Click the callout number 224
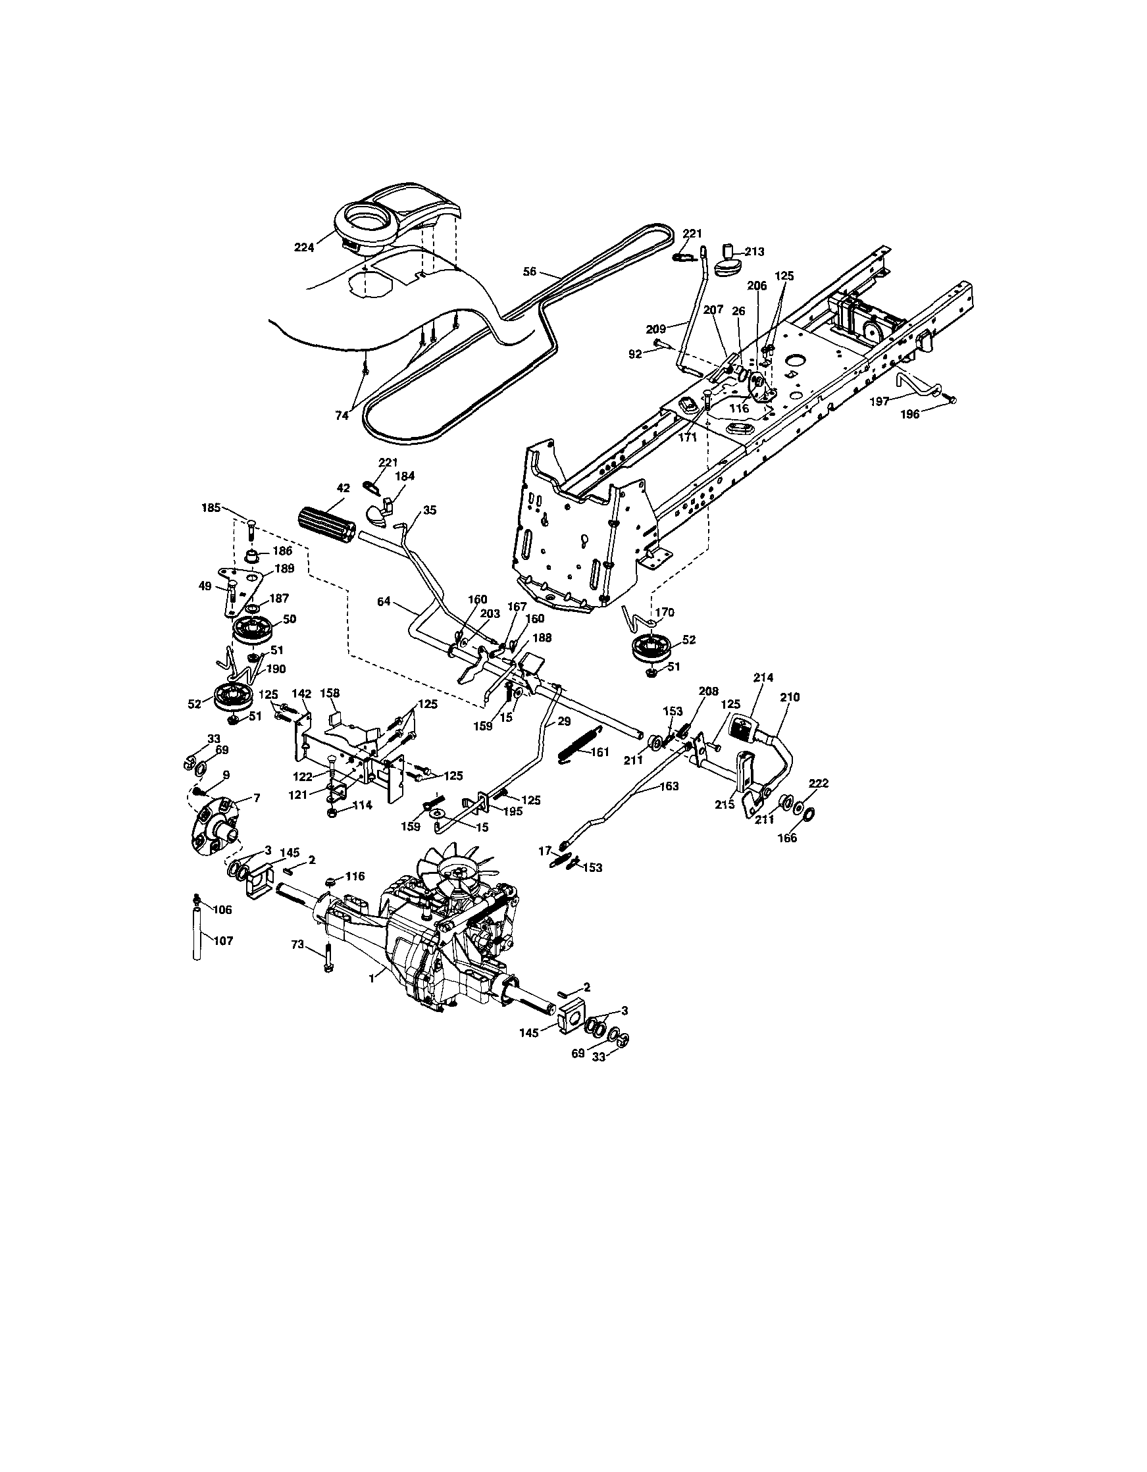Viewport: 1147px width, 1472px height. pos(304,247)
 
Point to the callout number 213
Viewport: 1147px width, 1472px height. pos(755,251)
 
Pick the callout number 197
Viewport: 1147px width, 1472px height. pos(879,400)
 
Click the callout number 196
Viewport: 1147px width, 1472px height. pos(910,415)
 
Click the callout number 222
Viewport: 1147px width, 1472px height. pos(818,783)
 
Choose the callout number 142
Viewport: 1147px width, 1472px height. pos(301,693)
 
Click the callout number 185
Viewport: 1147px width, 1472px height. pos(212,508)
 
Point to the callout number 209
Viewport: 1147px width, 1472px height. pos(655,329)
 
